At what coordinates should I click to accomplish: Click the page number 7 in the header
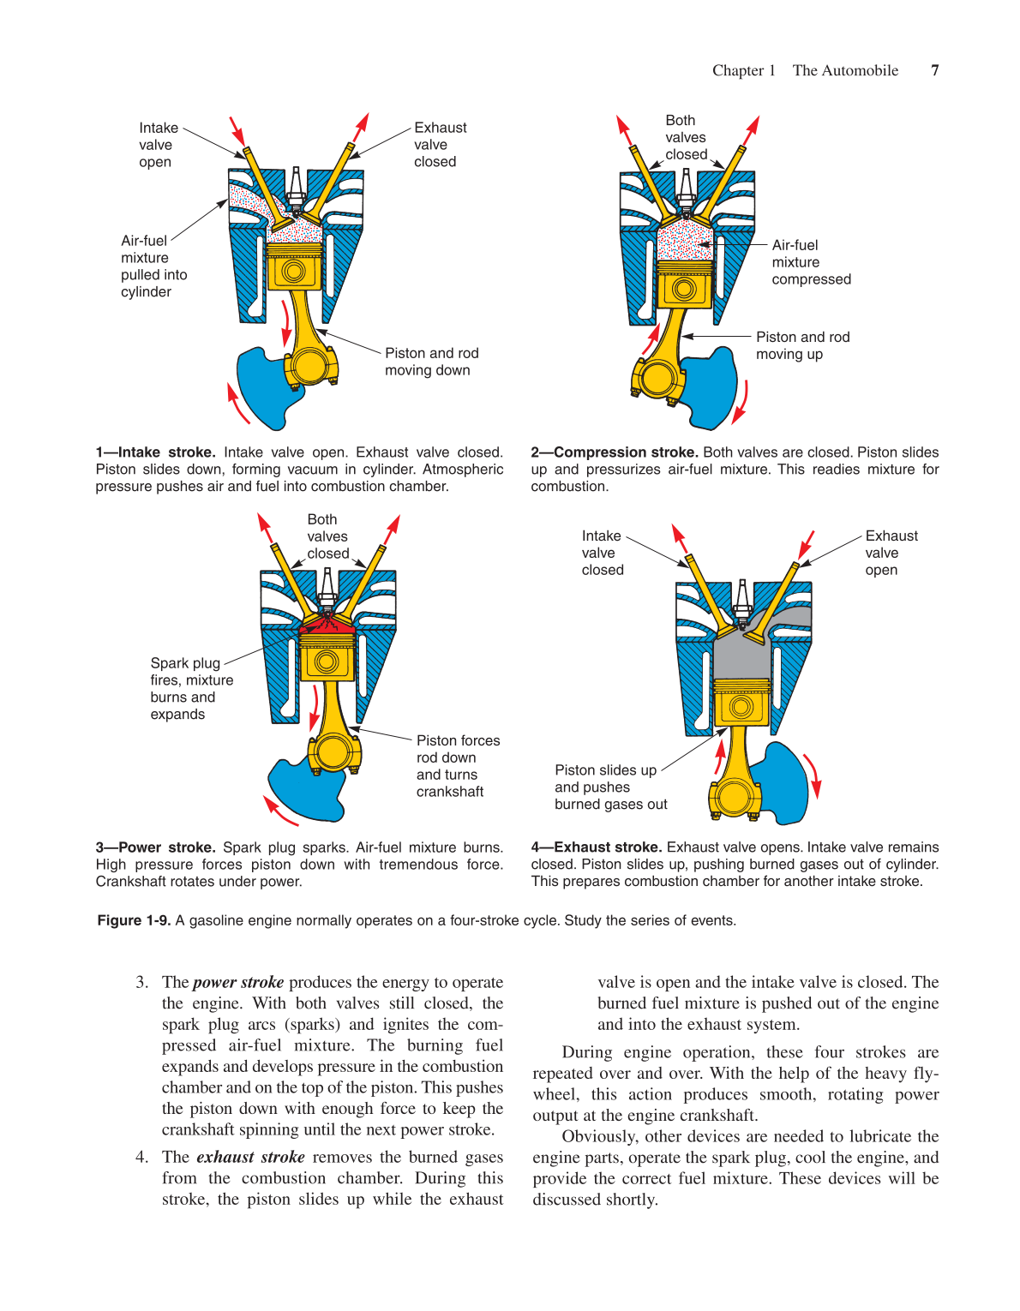pos(934,70)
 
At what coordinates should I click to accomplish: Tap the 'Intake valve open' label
pos(158,145)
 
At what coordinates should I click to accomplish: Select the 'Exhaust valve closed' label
pos(440,145)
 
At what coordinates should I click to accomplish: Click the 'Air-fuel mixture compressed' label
pos(810,262)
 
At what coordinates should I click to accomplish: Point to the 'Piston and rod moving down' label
pos(431,362)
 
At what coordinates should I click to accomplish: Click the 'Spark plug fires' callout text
pos(191,688)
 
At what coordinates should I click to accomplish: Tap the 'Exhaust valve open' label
pos(891,553)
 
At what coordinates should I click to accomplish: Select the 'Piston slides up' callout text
pos(609,787)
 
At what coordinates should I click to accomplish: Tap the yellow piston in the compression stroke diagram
pos(684,284)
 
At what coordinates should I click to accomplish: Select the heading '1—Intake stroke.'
pos(156,452)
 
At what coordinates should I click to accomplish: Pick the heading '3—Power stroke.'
pos(155,847)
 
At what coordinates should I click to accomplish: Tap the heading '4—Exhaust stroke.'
pos(596,847)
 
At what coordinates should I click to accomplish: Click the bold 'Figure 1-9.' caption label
pos(134,920)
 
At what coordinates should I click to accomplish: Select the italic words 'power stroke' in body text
pos(238,982)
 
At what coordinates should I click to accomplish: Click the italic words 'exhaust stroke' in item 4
pos(250,1157)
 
